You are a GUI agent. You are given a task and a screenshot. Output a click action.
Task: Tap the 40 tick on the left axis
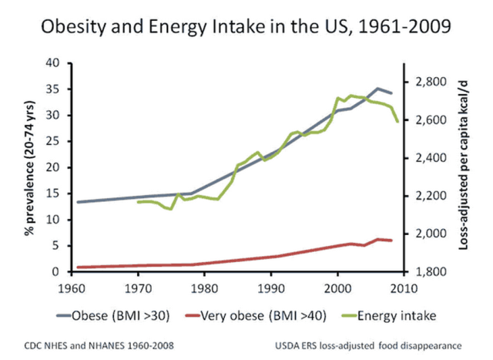[x=53, y=63]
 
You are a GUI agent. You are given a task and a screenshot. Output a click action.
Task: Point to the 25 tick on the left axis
[x=53, y=142]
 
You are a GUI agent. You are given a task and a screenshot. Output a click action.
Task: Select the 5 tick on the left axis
[x=56, y=246]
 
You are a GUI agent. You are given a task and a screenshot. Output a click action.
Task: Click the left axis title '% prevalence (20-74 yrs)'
[x=32, y=167]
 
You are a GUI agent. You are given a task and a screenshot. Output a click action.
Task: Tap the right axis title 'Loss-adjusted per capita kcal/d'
[x=467, y=167]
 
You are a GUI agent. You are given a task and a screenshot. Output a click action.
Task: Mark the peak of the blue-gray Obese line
[x=377, y=89]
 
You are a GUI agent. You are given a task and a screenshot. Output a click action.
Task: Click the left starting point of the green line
[x=138, y=202]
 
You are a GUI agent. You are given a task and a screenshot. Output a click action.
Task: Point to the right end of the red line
[x=391, y=241]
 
